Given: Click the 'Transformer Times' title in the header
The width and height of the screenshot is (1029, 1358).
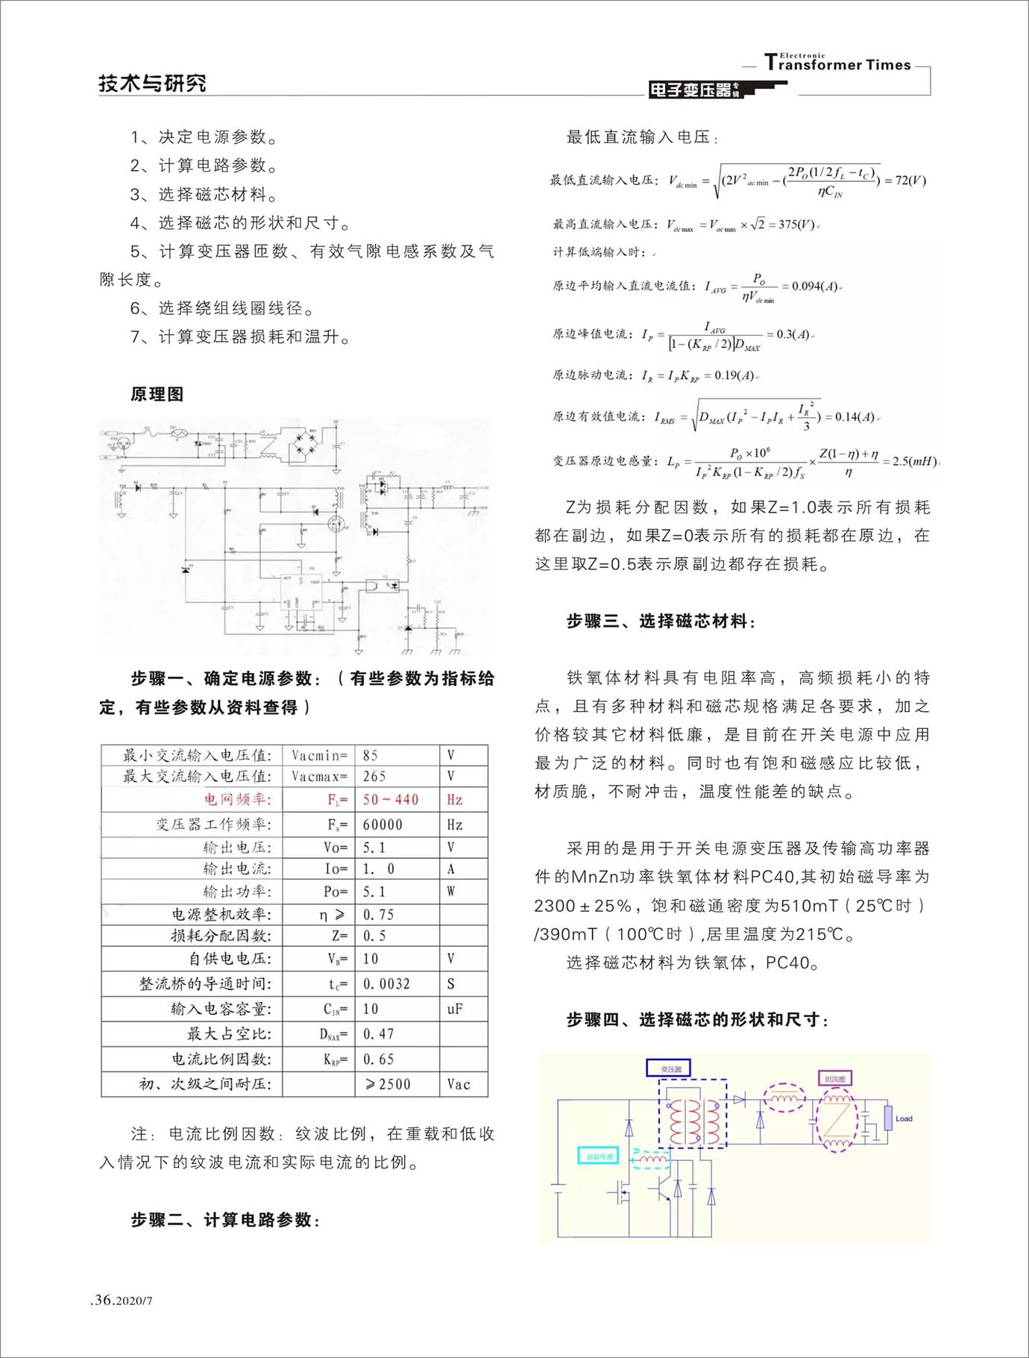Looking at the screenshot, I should [x=838, y=64].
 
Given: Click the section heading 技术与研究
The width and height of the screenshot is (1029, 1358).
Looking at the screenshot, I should [x=152, y=83].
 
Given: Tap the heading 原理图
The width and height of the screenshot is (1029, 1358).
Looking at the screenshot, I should [x=157, y=394].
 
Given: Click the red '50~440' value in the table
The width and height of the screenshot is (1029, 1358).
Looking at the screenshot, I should [x=391, y=800].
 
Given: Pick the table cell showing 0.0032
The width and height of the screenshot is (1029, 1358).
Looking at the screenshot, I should [x=386, y=984].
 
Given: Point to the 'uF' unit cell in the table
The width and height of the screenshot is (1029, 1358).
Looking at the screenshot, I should [x=455, y=1009].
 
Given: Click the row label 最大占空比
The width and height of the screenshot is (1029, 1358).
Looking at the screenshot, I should [x=229, y=1034].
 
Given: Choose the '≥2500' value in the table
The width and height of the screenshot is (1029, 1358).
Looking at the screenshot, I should [x=388, y=1084].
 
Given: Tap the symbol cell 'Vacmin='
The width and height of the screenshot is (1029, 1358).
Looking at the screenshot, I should [x=319, y=755].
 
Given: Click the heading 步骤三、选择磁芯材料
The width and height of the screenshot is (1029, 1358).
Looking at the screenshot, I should [x=661, y=622].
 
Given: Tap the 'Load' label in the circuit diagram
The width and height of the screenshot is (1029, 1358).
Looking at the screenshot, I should [x=904, y=1118].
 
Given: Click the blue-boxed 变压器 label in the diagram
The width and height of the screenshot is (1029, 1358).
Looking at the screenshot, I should [x=668, y=1069].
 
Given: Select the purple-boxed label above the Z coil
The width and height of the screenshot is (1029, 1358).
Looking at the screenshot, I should [x=834, y=1079].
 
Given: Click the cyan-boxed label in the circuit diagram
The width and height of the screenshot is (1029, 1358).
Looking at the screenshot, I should [x=599, y=1157].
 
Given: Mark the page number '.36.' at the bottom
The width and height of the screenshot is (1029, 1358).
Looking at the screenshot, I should [x=103, y=1300].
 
